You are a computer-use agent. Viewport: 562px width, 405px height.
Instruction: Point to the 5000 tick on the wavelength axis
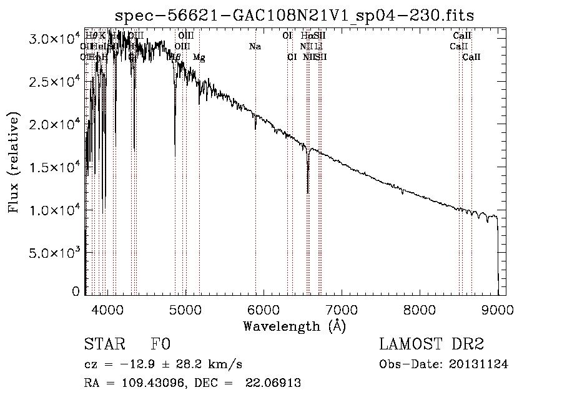[x=185, y=308]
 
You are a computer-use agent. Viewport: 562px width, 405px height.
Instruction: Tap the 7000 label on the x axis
[x=342, y=308]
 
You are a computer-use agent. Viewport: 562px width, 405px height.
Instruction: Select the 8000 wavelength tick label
[x=420, y=308]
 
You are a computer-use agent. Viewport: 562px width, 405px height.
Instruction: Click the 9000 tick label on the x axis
[x=498, y=308]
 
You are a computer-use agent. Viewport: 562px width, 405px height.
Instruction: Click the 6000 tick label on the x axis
[x=264, y=308]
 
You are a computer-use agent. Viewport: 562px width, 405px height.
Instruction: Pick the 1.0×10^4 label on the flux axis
[x=56, y=210]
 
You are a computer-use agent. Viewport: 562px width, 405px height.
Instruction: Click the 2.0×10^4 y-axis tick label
[x=56, y=124]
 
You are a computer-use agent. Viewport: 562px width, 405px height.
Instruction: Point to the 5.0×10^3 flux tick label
[x=56, y=252]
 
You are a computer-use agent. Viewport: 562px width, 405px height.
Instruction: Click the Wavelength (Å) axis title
[x=294, y=325]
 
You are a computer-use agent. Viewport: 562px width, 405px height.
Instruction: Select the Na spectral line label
[x=255, y=46]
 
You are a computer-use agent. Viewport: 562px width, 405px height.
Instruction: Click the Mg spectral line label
[x=199, y=57]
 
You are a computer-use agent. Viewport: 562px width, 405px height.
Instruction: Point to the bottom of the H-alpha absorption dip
[x=308, y=192]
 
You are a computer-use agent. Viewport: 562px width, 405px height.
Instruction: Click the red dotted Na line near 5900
[x=255, y=187]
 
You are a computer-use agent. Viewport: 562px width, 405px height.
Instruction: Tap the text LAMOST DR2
[x=431, y=344]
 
